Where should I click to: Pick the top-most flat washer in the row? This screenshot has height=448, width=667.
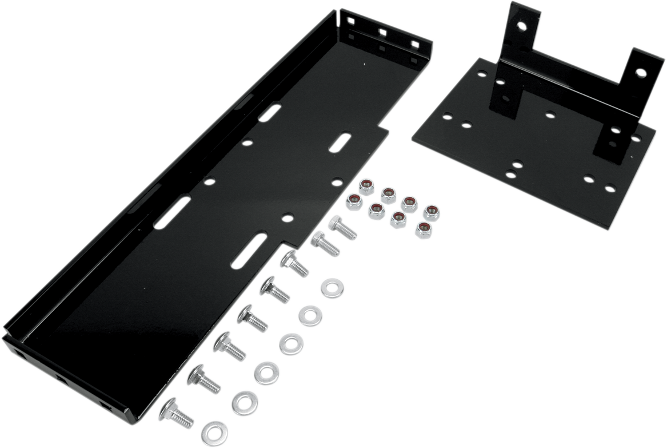[332, 288]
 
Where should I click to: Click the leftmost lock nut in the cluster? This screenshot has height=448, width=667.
[354, 202]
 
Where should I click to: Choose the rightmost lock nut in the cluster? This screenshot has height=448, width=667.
[432, 212]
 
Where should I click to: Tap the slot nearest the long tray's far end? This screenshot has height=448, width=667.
[269, 112]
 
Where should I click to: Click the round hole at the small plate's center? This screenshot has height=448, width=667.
[550, 114]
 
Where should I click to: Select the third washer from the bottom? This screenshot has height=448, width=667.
[267, 373]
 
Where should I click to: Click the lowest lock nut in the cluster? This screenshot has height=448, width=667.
[424, 230]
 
